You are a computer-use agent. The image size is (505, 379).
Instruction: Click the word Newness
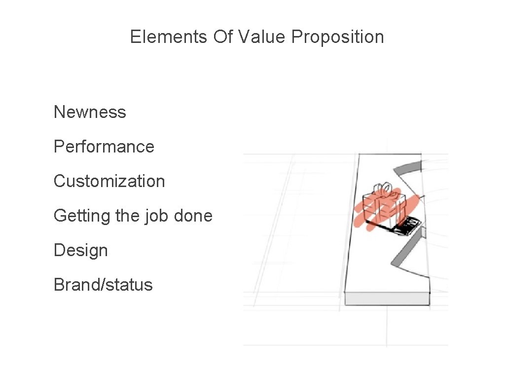tap(90, 112)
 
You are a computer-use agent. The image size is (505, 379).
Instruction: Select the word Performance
tap(104, 147)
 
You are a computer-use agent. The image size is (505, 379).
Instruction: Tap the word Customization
tap(109, 181)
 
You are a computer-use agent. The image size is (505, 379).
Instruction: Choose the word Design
tap(80, 250)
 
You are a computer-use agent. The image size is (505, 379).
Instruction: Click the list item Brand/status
tap(103, 285)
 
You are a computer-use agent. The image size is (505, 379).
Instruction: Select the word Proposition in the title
tap(337, 38)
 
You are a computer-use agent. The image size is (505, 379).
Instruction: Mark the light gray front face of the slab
tap(387, 299)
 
